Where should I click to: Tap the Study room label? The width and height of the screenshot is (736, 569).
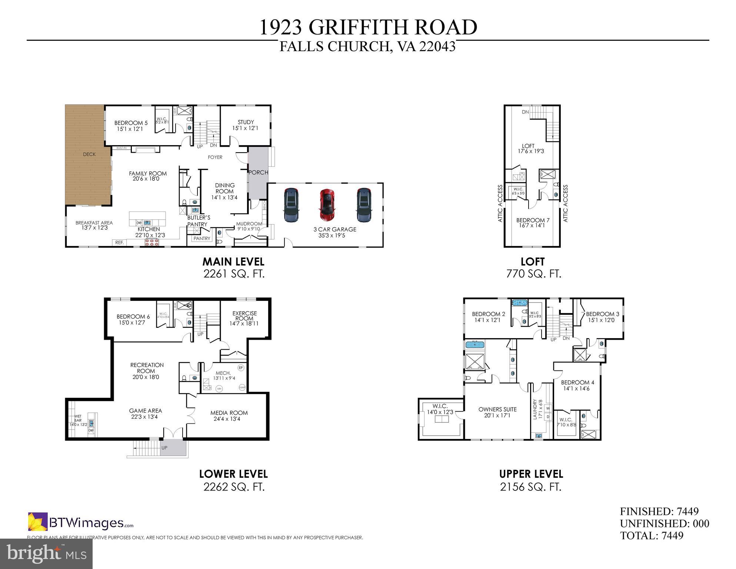[x=246, y=122]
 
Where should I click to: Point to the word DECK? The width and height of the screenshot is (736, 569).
[x=89, y=154]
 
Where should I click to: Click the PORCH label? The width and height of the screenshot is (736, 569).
[x=258, y=173]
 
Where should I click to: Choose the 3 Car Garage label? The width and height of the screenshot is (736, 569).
[x=335, y=229]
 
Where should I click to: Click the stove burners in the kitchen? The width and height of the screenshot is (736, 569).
[x=152, y=243]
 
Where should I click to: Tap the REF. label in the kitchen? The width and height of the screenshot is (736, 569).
[x=119, y=243]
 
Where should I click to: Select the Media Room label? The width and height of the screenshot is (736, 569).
[x=229, y=413]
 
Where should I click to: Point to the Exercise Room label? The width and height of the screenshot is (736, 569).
[x=244, y=316]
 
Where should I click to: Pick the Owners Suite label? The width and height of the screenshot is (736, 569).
[x=497, y=409]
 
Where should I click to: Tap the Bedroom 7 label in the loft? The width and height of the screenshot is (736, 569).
[x=533, y=220]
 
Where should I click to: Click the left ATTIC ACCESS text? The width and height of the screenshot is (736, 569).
[x=500, y=203]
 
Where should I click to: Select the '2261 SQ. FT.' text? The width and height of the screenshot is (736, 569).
[x=234, y=274]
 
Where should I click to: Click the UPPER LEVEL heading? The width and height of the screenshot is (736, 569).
[x=531, y=474]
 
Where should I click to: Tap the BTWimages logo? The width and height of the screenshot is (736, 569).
[x=81, y=522]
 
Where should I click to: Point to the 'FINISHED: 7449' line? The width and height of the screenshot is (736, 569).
[x=659, y=512]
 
